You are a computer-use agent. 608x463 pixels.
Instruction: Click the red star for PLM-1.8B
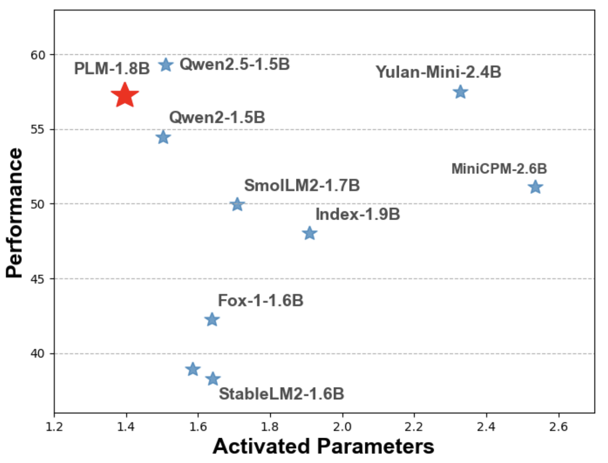(x=124, y=95)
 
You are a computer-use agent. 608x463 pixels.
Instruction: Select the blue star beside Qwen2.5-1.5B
(x=166, y=65)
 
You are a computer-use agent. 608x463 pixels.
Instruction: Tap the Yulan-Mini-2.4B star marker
(x=460, y=92)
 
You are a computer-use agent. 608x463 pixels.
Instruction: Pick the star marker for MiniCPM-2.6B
(x=535, y=187)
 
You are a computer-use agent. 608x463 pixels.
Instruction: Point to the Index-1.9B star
(x=309, y=233)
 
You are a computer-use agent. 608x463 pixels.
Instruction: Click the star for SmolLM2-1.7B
(x=237, y=205)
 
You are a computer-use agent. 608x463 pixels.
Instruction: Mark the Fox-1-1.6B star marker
(x=212, y=320)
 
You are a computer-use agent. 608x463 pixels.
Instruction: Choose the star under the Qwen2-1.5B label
(x=163, y=137)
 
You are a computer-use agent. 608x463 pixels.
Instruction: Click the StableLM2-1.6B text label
(x=281, y=394)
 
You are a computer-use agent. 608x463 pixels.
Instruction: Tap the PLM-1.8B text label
(x=112, y=68)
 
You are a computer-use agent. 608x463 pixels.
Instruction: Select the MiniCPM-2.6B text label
(x=499, y=169)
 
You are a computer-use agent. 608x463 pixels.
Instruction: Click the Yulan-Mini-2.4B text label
(x=439, y=72)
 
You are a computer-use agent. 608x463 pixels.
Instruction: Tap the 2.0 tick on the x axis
(x=342, y=427)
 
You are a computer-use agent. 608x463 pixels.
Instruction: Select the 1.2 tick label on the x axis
(x=54, y=427)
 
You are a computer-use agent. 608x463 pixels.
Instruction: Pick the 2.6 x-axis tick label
(x=558, y=427)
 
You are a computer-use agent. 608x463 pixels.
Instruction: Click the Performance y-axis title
(x=15, y=213)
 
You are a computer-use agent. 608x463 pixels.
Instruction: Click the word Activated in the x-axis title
(x=261, y=446)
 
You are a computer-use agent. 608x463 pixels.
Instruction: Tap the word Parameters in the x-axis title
(x=375, y=446)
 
